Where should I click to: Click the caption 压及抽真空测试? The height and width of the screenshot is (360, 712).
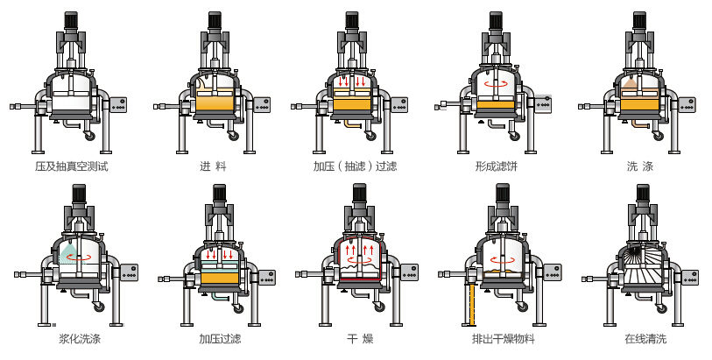71,166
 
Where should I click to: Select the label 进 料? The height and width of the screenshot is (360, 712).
214,166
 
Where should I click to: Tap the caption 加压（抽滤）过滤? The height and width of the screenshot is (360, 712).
356,166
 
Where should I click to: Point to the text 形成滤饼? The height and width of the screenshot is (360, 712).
498,166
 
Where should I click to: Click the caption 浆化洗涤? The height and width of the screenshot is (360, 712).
78,338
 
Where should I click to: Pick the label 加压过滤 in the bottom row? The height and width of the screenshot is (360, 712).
220,338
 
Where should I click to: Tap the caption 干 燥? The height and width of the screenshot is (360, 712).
361,338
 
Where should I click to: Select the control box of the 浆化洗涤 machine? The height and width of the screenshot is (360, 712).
128,273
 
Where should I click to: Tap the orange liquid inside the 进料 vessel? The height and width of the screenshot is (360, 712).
215,102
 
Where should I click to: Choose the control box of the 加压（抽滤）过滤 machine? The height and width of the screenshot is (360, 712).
398,104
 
